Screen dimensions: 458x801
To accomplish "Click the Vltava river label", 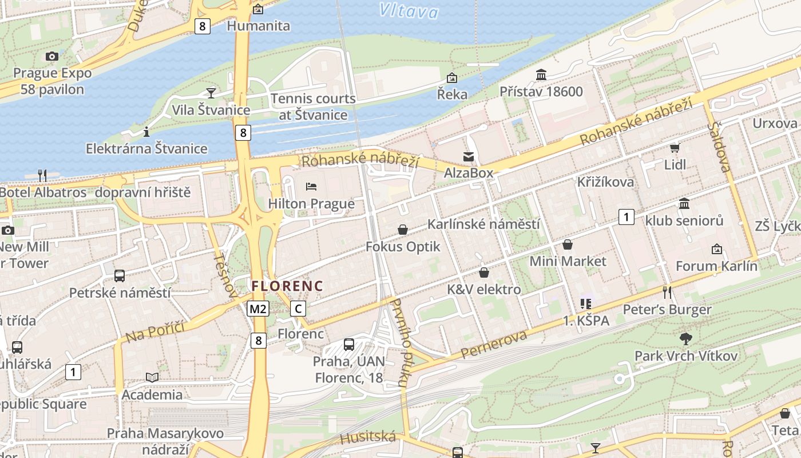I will [409, 10].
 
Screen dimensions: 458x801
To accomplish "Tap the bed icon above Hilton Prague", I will [311, 187].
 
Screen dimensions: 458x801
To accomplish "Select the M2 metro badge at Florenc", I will [258, 309].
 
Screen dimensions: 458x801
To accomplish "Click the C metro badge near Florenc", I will [298, 309].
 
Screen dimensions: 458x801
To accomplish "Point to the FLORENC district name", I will [287, 286].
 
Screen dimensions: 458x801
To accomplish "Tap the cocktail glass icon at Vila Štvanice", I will [211, 93].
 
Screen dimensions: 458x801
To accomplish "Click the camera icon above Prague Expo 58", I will [52, 56].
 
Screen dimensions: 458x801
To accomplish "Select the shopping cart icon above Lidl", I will [675, 148].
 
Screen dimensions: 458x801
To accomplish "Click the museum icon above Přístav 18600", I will [541, 75].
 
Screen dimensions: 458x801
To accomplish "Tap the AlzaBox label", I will [469, 172].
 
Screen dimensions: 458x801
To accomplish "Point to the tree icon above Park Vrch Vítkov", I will [685, 339].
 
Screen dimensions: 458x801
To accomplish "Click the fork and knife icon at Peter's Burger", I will [667, 293].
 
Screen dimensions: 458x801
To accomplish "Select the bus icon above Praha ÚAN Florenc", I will [348, 344].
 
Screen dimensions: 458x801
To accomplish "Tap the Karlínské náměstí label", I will [483, 224].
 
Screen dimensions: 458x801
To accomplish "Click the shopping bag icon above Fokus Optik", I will [403, 230].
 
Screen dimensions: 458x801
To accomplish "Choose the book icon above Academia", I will [152, 377].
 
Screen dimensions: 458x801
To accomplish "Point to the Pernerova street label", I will [494, 344].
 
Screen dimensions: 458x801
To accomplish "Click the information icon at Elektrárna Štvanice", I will [146, 132].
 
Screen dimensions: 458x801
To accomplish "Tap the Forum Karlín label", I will [716, 266].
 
